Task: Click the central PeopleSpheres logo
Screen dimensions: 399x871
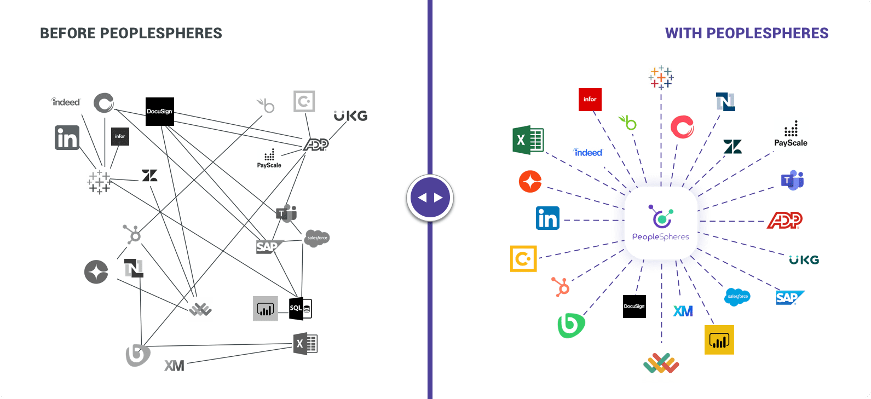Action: click(661, 223)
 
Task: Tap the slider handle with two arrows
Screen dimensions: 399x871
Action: click(430, 198)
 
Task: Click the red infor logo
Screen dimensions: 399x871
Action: click(590, 100)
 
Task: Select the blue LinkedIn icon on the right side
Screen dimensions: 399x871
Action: click(547, 218)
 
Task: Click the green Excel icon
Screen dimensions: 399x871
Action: click(528, 140)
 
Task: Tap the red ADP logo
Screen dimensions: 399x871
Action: click(785, 221)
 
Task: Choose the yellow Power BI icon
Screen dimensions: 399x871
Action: click(719, 340)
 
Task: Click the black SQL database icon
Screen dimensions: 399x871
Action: click(300, 308)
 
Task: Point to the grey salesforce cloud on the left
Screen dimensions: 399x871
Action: click(317, 238)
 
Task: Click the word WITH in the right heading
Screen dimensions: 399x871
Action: click(683, 33)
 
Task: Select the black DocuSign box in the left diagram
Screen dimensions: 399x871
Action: click(159, 111)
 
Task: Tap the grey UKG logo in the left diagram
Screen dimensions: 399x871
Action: click(350, 116)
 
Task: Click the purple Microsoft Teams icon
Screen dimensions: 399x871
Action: click(792, 180)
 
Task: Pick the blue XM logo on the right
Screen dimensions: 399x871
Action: click(683, 311)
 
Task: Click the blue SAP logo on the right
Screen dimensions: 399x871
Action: click(789, 298)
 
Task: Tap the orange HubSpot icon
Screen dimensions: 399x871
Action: click(561, 286)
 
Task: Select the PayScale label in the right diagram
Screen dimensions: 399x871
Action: click(791, 143)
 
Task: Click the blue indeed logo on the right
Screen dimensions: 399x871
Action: click(587, 153)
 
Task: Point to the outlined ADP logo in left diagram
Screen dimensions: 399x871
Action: click(316, 144)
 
